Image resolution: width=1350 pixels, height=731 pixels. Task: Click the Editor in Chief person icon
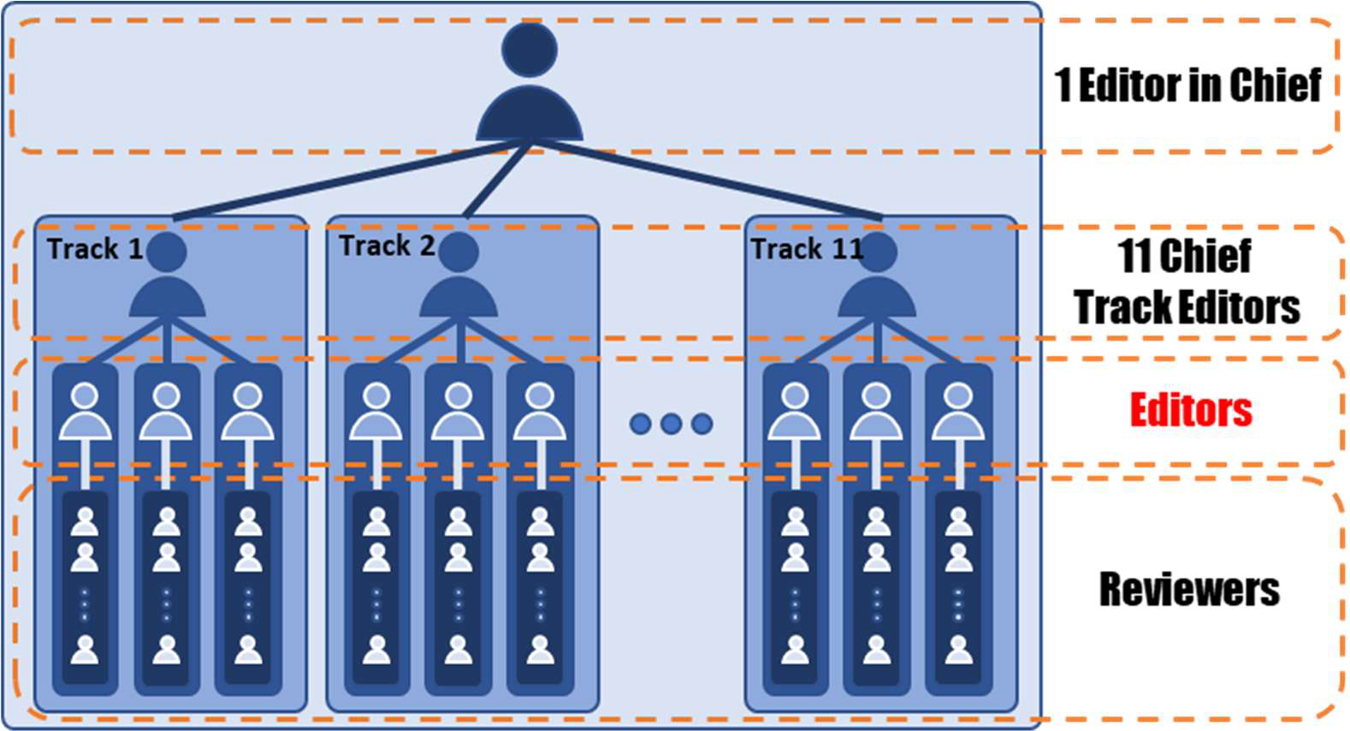[x=530, y=86]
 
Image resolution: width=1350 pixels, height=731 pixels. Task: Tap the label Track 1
[x=95, y=249]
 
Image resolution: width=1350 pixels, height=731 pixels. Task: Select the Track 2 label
[x=387, y=246]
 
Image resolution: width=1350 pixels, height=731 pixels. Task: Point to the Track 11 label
[x=806, y=249]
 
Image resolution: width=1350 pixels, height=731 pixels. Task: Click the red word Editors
[x=1190, y=410]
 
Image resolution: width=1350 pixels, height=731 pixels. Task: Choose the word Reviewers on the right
[x=1188, y=589]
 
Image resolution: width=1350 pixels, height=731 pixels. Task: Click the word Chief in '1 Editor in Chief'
[x=1275, y=85]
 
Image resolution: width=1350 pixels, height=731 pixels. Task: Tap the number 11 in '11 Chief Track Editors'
[x=1135, y=255]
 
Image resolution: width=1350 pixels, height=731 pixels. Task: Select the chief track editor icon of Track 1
[x=167, y=278]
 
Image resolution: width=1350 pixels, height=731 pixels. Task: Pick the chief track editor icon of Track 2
[x=459, y=278]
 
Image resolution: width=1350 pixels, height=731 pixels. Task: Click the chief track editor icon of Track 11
[x=877, y=278]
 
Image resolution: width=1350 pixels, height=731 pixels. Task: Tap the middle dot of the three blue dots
[x=671, y=423]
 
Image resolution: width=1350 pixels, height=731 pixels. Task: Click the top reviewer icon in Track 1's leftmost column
[x=85, y=520]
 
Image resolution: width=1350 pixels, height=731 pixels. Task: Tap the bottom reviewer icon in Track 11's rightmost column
[x=958, y=650]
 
